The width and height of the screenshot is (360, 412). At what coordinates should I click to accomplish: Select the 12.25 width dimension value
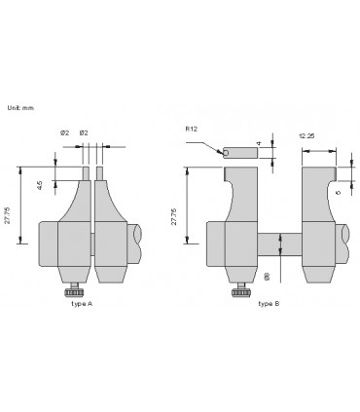(306, 135)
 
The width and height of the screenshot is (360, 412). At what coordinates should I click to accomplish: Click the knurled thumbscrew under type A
(72, 293)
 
